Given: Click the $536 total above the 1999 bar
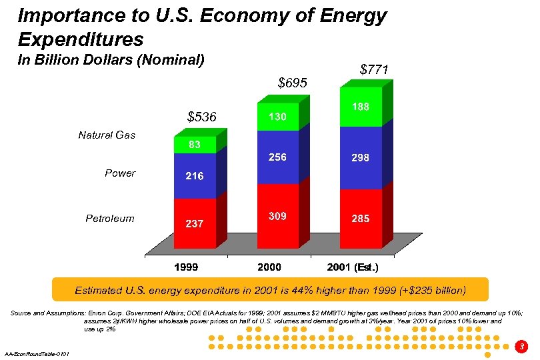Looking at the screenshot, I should (x=202, y=117).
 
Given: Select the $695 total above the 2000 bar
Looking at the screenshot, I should (x=292, y=83).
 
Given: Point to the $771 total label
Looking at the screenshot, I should (x=374, y=69).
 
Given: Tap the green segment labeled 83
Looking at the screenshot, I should (x=195, y=145).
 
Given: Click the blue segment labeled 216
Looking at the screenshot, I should (x=195, y=176).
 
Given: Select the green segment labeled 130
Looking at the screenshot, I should (x=277, y=117).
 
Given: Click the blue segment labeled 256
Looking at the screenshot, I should (x=277, y=157).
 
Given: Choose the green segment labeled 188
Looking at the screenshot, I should (x=361, y=107).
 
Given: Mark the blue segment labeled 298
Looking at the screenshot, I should (x=361, y=158).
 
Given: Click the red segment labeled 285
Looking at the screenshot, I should (x=361, y=219).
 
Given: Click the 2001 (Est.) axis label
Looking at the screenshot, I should (x=353, y=268).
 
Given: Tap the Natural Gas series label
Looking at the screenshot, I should (x=107, y=135).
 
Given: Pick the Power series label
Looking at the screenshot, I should (x=120, y=173).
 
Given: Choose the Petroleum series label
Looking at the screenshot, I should (x=110, y=218).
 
